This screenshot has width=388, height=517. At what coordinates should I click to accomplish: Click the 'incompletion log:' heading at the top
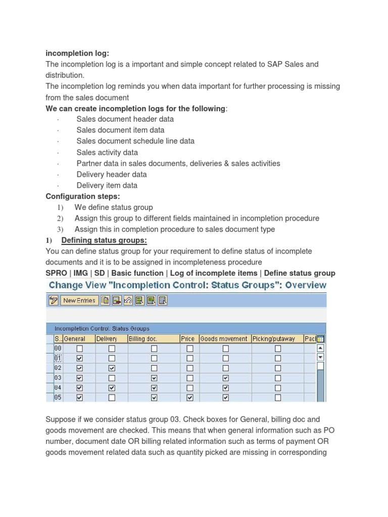point(77,53)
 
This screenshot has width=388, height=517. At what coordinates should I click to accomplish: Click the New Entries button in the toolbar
point(79,300)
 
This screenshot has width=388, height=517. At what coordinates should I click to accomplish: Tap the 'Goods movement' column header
point(224,339)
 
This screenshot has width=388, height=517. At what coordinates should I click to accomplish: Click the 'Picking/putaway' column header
point(274,339)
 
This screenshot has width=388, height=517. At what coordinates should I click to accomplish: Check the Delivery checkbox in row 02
point(112,368)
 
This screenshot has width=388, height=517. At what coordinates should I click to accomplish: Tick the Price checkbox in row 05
point(190,398)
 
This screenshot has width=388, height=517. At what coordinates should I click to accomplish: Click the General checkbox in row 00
point(79,348)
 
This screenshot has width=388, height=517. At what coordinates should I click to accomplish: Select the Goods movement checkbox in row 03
point(225,378)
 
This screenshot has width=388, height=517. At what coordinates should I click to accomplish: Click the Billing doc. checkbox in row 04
point(154,388)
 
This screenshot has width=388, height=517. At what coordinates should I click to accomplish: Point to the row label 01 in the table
point(58,358)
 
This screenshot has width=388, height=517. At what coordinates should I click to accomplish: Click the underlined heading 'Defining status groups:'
point(104,240)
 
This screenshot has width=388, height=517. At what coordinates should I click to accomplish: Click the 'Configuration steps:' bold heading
point(83,196)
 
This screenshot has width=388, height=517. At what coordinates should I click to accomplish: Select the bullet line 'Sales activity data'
point(107,152)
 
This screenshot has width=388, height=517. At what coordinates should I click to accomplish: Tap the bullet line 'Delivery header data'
point(112,174)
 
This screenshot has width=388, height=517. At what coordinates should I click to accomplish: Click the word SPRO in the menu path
point(56,273)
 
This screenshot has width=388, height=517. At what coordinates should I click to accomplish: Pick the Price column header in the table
point(187,339)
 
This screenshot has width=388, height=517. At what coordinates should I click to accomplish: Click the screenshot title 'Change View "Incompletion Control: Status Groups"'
point(187,285)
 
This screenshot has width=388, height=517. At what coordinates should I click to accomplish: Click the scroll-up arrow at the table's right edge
point(320,348)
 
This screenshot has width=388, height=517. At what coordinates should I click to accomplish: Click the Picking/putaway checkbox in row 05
point(278,398)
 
